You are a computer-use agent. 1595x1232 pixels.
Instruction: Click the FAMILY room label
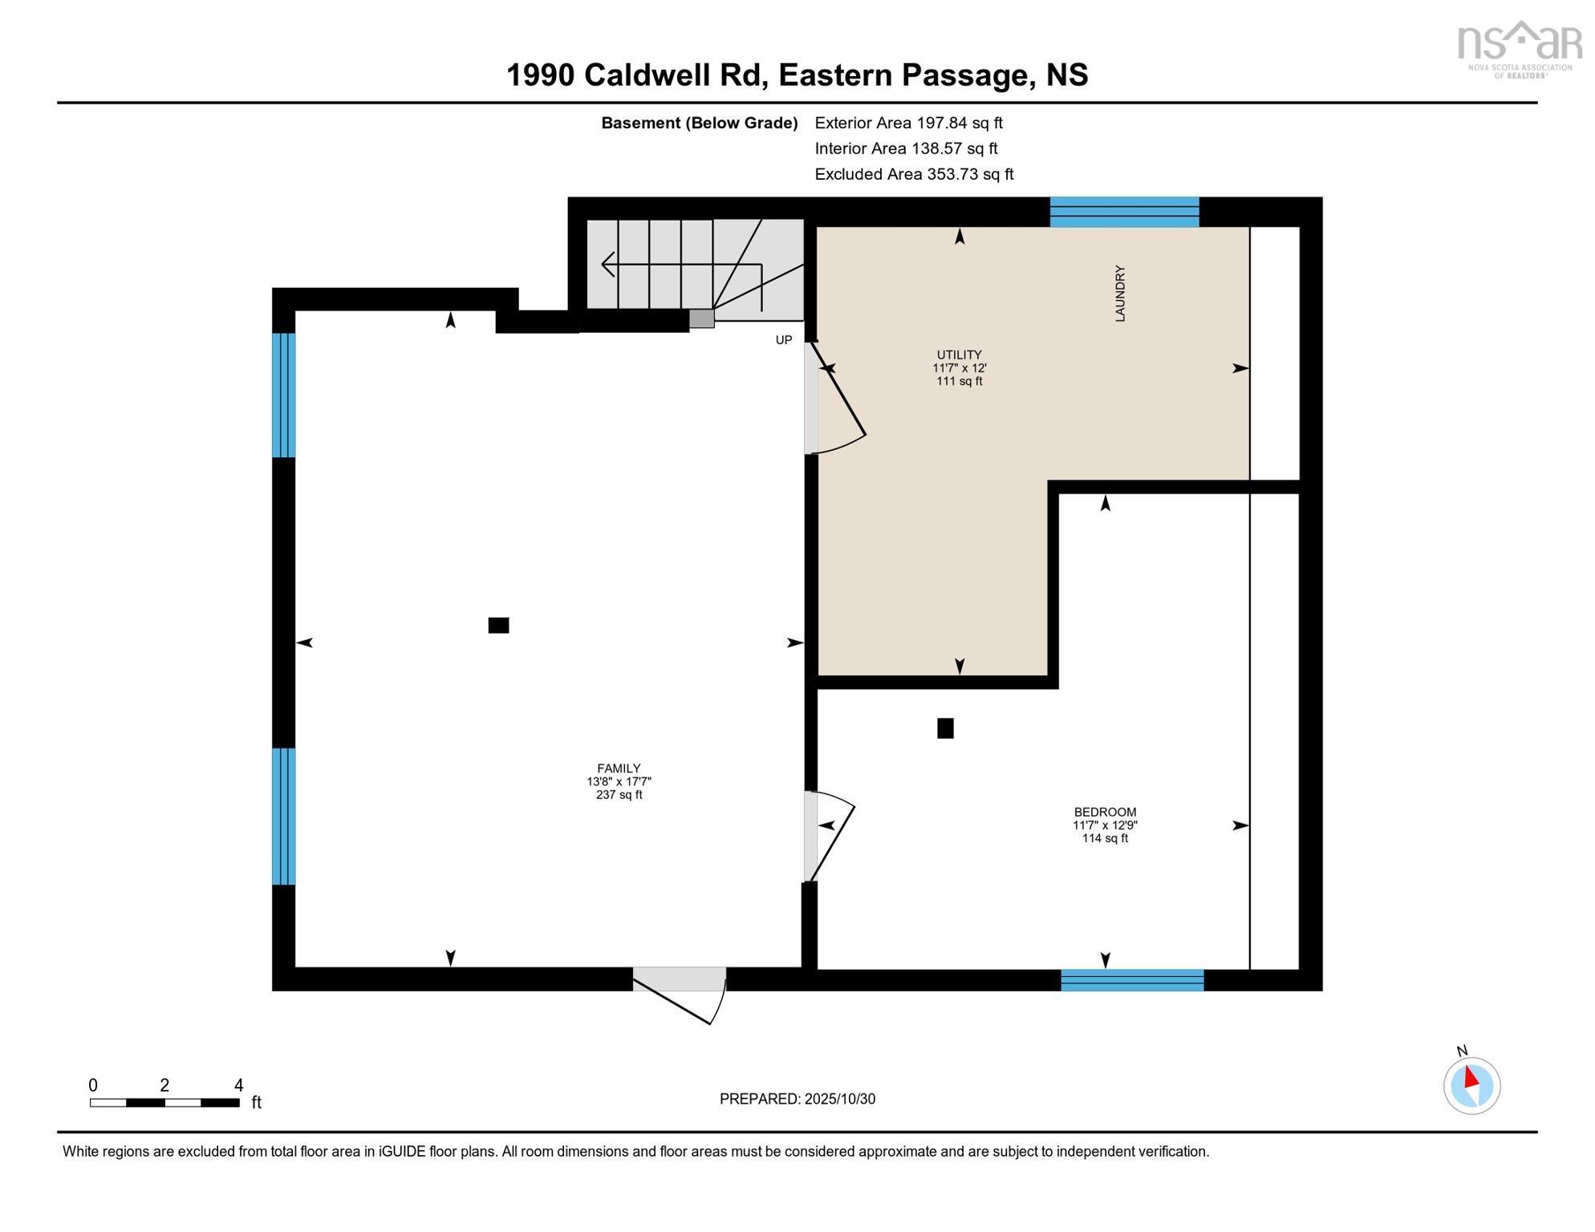pos(619,768)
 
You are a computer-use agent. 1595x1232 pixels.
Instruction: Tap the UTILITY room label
pos(959,355)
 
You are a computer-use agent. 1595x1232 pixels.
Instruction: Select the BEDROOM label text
pos(1105,812)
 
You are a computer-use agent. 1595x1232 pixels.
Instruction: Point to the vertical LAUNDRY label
pos(1120,294)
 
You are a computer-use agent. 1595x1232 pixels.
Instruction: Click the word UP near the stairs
pos(783,340)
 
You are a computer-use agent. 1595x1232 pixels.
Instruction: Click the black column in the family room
pos(498,626)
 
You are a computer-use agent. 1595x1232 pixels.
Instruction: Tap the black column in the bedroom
pos(945,728)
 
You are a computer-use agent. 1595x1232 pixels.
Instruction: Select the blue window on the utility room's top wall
pos(1124,213)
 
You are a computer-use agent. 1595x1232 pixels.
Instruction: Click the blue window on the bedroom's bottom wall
pos(1131,980)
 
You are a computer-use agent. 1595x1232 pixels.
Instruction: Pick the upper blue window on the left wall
pos(284,395)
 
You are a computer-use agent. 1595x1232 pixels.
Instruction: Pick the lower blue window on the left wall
pos(284,816)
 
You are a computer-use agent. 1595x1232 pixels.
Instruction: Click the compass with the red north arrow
pos(1471,1086)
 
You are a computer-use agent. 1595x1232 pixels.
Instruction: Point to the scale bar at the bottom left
pos(164,1103)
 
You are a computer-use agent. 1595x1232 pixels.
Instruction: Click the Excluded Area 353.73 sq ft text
pos(914,174)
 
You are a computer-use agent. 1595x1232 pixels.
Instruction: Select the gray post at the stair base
pos(701,318)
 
